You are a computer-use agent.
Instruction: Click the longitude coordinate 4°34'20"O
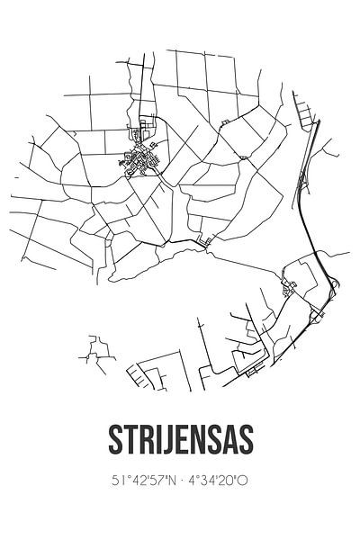coord(217,480)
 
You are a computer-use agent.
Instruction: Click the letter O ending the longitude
coord(244,480)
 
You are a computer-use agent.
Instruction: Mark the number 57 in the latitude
coord(154,480)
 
